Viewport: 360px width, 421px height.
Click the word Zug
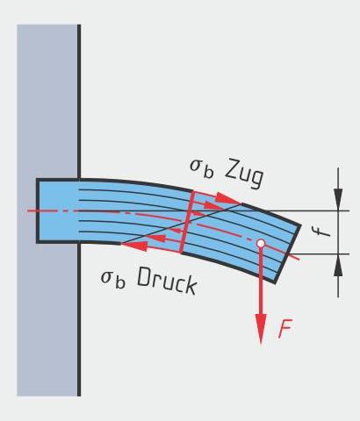coord(245,174)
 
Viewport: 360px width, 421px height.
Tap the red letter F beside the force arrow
coord(285,329)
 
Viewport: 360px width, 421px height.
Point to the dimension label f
coord(322,232)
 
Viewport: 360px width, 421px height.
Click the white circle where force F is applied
coord(261,243)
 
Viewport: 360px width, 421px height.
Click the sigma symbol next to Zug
coord(196,166)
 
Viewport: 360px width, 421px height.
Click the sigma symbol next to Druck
coord(106,277)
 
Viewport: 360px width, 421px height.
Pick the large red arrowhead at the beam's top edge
coord(227,198)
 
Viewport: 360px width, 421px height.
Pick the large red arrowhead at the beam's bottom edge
coord(134,246)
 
